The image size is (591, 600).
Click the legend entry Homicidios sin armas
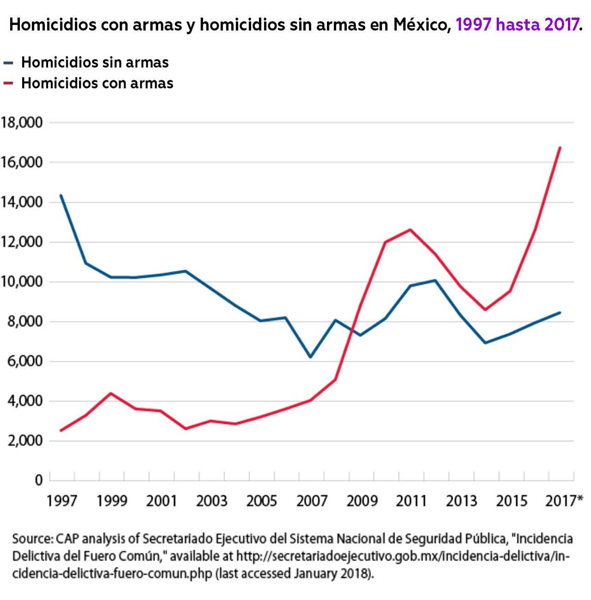click(95, 62)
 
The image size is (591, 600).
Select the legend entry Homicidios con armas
click(97, 83)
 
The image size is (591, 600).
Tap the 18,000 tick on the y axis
click(22, 122)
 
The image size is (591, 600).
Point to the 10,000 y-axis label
click(22, 281)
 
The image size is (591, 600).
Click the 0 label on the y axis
click(39, 480)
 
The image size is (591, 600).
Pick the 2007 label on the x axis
click(311, 501)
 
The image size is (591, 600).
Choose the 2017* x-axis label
click(564, 501)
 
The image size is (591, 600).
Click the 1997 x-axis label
click(62, 501)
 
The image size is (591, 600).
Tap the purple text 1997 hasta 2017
click(517, 24)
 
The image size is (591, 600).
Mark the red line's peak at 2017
click(560, 147)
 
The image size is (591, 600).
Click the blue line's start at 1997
click(61, 195)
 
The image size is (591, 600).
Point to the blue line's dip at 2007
click(310, 357)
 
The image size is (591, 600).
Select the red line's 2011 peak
click(410, 230)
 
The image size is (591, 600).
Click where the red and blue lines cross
click(353, 327)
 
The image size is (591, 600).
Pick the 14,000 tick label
click(22, 202)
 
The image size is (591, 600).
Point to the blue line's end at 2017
click(560, 313)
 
